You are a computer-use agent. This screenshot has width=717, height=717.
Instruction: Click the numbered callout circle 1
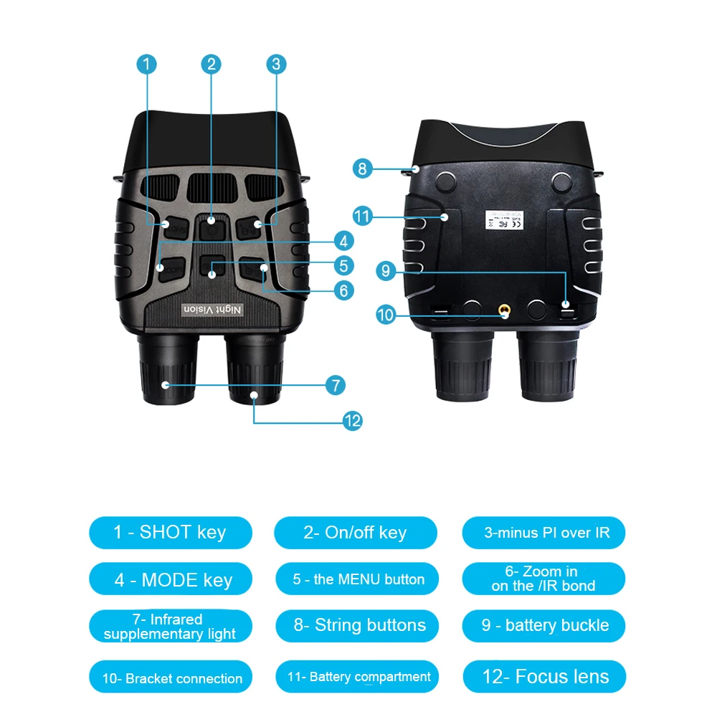pos(146,64)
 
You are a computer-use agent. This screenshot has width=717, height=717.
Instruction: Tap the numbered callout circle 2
pos(211,64)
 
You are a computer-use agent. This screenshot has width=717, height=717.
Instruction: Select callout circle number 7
pos(335,385)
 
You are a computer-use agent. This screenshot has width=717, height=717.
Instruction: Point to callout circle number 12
pos(352,421)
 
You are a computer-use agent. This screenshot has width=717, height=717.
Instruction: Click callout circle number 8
pos(363,169)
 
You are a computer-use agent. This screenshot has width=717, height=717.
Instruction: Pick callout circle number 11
pos(363,215)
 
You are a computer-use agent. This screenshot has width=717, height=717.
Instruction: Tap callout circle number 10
pos(385,313)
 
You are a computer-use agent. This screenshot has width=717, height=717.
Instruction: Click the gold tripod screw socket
pos(505,311)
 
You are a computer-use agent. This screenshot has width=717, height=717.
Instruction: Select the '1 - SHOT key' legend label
pos(170,532)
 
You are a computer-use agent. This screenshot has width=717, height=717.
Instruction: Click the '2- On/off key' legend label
pos(355,533)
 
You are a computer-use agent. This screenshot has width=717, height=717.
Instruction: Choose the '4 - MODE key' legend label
pos(172,579)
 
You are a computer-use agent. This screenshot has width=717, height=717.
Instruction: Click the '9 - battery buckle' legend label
pos(544,625)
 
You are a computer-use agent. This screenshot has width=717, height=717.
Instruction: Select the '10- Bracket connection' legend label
pos(172,678)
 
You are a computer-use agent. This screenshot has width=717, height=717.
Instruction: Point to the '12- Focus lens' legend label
pos(544,677)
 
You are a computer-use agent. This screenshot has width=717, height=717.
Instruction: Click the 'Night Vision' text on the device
pos(213,308)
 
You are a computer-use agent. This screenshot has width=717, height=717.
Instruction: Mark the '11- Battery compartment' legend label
pos(358,677)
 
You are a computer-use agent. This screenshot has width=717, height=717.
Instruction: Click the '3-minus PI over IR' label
pos(544,533)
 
